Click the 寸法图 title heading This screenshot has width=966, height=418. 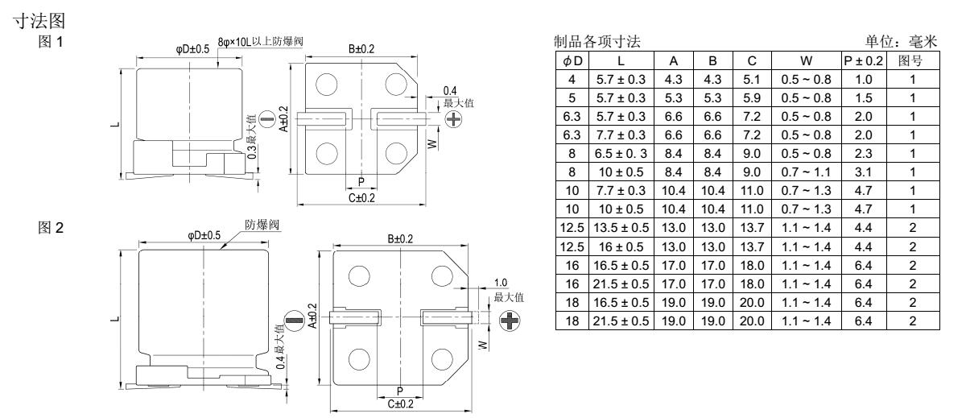tap(39, 21)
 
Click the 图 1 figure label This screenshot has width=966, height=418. tap(51, 42)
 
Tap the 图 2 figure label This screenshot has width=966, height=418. tap(51, 227)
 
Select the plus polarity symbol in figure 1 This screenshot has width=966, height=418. tap(453, 119)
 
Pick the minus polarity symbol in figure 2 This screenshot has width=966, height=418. tap(295, 321)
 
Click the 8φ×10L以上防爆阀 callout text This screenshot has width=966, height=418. tap(261, 41)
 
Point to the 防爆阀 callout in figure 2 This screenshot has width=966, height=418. tap(262, 225)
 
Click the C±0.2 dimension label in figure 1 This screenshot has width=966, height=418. tap(361, 198)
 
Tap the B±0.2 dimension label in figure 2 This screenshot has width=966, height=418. tap(400, 238)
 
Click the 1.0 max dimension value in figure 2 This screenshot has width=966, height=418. tap(500, 283)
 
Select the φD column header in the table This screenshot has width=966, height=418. tap(572, 61)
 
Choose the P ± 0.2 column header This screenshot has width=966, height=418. tap(863, 61)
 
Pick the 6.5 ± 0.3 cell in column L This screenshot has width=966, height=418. tap(621, 154)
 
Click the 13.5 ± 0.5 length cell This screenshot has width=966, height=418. tap(621, 228)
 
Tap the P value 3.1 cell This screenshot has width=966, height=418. tap(863, 172)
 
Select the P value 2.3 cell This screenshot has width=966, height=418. tap(863, 154)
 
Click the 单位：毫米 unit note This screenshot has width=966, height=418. tap(902, 41)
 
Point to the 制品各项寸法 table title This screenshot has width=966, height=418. tap(597, 41)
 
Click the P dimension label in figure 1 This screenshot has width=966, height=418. tap(361, 182)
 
